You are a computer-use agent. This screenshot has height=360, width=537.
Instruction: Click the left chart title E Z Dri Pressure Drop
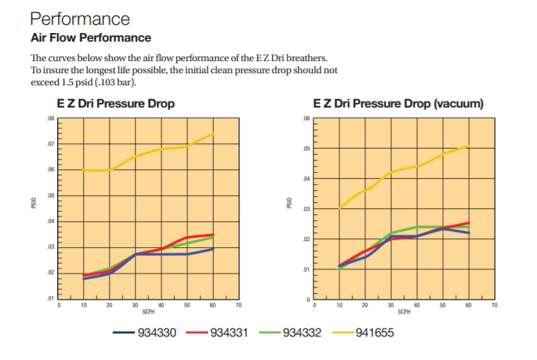[x=116, y=103]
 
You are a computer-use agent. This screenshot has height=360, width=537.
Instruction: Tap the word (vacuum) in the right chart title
[x=459, y=103]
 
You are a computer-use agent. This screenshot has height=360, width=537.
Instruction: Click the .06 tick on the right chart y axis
[x=307, y=118]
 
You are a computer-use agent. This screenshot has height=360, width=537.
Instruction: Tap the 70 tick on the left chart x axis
[x=238, y=306]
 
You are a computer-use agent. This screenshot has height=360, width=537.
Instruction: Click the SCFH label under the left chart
[x=148, y=312]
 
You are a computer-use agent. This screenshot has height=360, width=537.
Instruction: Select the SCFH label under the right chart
[x=404, y=312]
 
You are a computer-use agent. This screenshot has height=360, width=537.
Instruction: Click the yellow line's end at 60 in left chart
[x=213, y=134]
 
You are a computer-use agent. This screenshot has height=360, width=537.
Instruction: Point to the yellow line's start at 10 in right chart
[x=339, y=208]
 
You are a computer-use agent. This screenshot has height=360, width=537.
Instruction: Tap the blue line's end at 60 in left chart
[x=213, y=249]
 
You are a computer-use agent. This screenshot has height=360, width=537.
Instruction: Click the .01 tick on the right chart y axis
[x=307, y=269]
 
